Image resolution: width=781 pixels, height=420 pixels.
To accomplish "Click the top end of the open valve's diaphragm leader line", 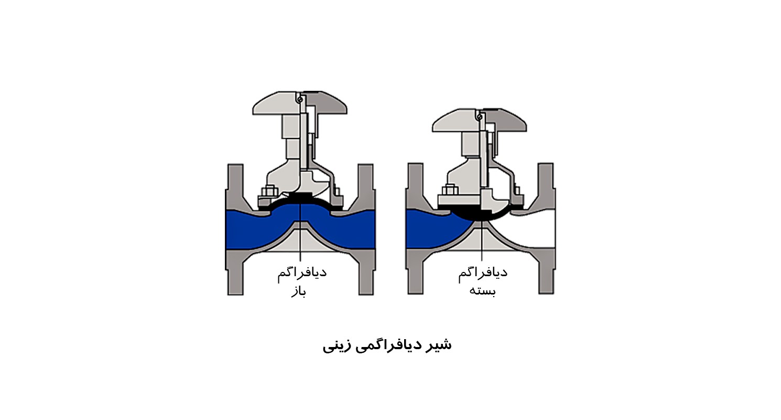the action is pyautogui.click(x=300, y=204).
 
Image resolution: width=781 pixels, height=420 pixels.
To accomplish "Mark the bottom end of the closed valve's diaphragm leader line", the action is pyautogui.click(x=482, y=261).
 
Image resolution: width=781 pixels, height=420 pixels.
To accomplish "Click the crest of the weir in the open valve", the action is pyautogui.click(x=300, y=222).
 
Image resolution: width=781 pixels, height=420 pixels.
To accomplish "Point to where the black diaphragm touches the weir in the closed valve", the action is pyautogui.click(x=482, y=220).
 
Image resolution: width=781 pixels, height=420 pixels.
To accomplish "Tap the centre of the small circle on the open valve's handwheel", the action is pyautogui.click(x=299, y=100).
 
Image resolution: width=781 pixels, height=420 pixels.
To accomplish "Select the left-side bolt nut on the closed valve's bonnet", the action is pyautogui.click(x=450, y=190).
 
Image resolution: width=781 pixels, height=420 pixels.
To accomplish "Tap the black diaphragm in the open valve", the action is pyautogui.click(x=300, y=199).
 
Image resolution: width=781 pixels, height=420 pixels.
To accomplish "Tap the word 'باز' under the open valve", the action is pyautogui.click(x=299, y=292).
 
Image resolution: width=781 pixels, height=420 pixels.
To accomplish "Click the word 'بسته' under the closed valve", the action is pyautogui.click(x=482, y=291).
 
